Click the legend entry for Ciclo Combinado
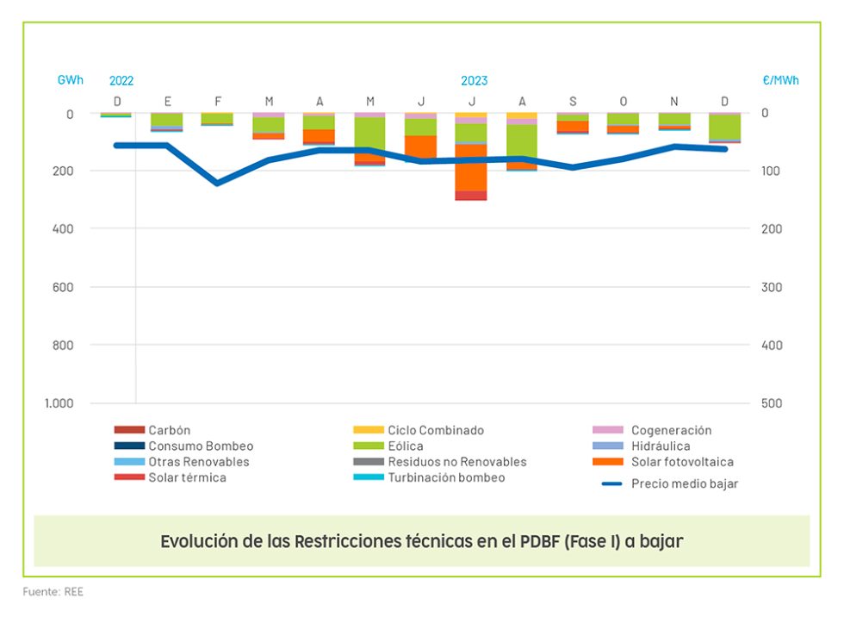pyautogui.click(x=435, y=430)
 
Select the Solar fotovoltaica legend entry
pyautogui.click(x=681, y=462)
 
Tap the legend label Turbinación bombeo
pyautogui.click(x=445, y=477)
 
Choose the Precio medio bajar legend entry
pyautogui.click(x=684, y=483)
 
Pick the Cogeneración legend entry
pyautogui.click(x=670, y=430)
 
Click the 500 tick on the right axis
pyautogui.click(x=772, y=403)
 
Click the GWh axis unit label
pyautogui.click(x=71, y=80)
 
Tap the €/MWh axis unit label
pyautogui.click(x=780, y=80)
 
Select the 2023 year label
pyautogui.click(x=474, y=81)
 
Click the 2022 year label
pyautogui.click(x=121, y=81)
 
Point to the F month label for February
pyautogui.click(x=218, y=101)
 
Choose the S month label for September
pyautogui.click(x=573, y=101)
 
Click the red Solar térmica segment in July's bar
pyautogui.click(x=471, y=196)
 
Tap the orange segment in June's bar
pyautogui.click(x=420, y=146)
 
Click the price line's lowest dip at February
pyautogui.click(x=217, y=183)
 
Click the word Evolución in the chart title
pyautogui.click(x=195, y=542)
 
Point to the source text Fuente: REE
pyautogui.click(x=53, y=592)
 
